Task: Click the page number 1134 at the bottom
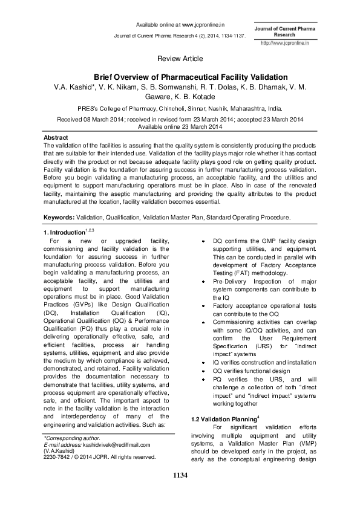pyautogui.click(x=180, y=476)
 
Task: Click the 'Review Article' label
pyautogui.click(x=180, y=59)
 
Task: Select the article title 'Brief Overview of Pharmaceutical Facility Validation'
pyautogui.click(x=180, y=77)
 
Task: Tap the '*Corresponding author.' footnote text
pyautogui.click(x=71, y=436)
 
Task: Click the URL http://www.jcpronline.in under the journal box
pyautogui.click(x=284, y=44)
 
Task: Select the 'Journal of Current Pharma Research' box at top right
pyautogui.click(x=284, y=32)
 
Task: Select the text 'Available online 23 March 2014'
pyautogui.click(x=180, y=128)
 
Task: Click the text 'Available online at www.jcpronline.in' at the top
pyautogui.click(x=180, y=25)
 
